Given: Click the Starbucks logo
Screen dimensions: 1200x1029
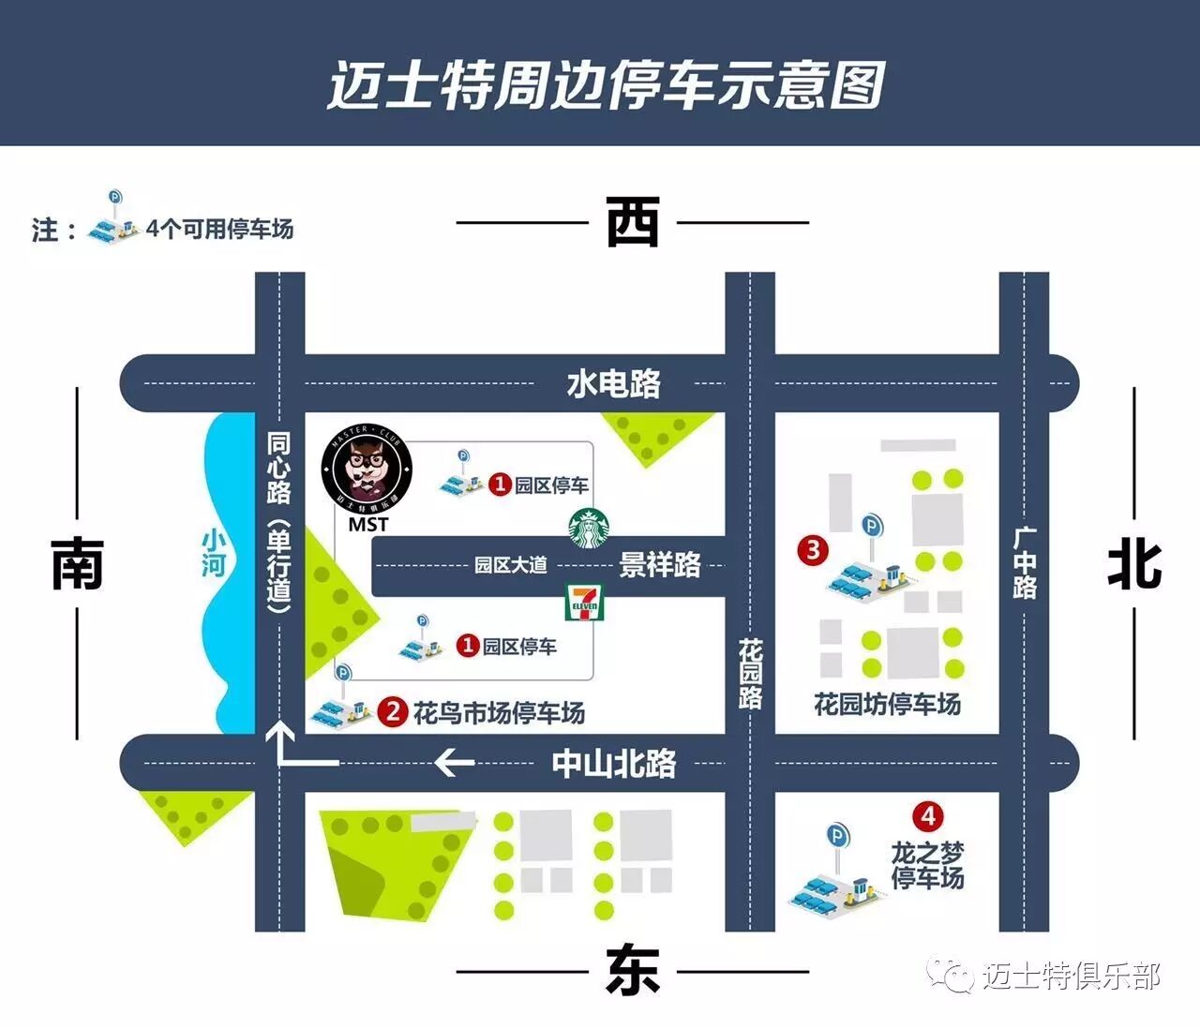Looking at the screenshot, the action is pyautogui.click(x=589, y=529).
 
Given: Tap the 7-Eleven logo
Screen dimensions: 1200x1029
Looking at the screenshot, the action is pyautogui.click(x=584, y=602).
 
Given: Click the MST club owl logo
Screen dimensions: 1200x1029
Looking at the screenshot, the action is pyautogui.click(x=367, y=467).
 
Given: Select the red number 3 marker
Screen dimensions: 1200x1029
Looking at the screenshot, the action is pyautogui.click(x=812, y=549).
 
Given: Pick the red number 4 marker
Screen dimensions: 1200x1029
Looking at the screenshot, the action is pyautogui.click(x=927, y=816).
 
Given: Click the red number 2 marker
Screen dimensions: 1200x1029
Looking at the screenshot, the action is pyautogui.click(x=392, y=712).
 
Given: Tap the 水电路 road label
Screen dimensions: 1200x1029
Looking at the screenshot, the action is pyautogui.click(x=613, y=383).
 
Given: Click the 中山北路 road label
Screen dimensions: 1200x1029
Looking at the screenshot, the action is pyautogui.click(x=613, y=764).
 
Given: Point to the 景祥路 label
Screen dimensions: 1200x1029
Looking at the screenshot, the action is pyautogui.click(x=660, y=564).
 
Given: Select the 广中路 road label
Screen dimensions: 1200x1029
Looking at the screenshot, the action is pyautogui.click(x=1024, y=562).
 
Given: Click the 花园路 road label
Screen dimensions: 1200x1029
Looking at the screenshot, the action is pyautogui.click(x=750, y=673).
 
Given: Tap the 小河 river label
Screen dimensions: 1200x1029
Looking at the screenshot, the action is pyautogui.click(x=215, y=553).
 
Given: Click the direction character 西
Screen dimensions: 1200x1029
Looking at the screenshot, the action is pyautogui.click(x=633, y=222).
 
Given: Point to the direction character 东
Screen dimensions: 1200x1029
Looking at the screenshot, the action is pyautogui.click(x=633, y=970).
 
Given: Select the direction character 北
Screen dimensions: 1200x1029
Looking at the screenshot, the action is pyautogui.click(x=1134, y=565).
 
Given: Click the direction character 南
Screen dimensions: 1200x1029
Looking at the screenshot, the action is pyautogui.click(x=77, y=564).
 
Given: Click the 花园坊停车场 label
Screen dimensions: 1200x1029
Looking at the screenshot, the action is pyautogui.click(x=887, y=704).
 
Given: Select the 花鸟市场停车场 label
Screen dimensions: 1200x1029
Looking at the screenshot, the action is pyautogui.click(x=499, y=713).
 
